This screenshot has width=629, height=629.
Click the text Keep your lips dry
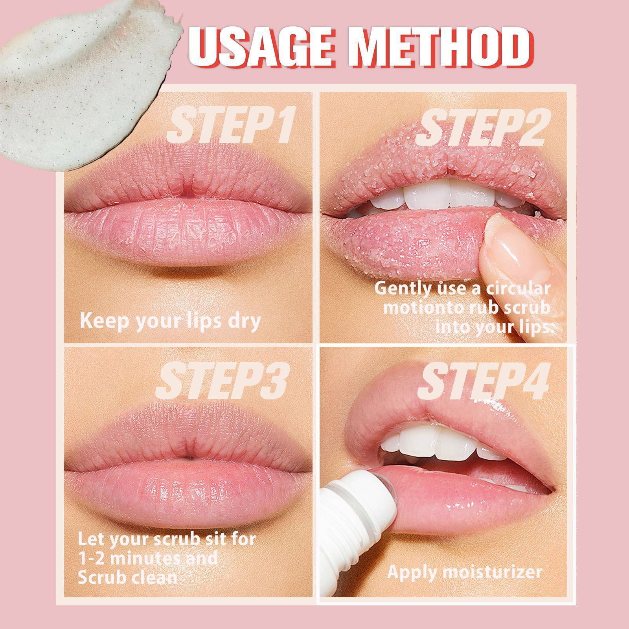170,320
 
